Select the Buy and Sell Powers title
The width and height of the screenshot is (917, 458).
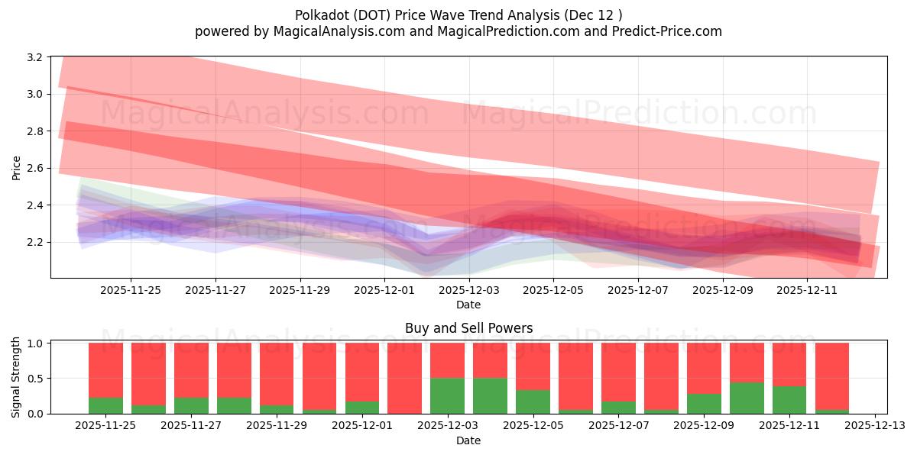[468, 328]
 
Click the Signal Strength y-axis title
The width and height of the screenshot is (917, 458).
[17, 378]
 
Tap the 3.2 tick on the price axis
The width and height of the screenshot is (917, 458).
[34, 57]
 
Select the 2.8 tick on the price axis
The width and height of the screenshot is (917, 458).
[34, 131]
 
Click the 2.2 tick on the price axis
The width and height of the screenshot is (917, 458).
[34, 242]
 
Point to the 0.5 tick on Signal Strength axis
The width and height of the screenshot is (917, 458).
[34, 379]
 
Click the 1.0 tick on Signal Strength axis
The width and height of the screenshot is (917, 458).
[34, 343]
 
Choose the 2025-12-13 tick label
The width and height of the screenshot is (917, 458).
[873, 426]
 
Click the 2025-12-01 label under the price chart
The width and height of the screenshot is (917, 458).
[384, 290]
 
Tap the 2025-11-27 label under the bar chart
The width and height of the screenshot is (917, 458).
[191, 426]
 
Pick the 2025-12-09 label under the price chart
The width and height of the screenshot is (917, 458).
[723, 290]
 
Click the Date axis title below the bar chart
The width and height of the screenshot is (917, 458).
[468, 440]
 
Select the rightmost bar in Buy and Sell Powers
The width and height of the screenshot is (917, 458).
[831, 378]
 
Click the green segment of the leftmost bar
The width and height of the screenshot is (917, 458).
[105, 405]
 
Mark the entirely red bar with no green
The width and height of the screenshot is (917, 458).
[404, 378]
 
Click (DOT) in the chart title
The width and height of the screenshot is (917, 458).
[373, 15]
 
